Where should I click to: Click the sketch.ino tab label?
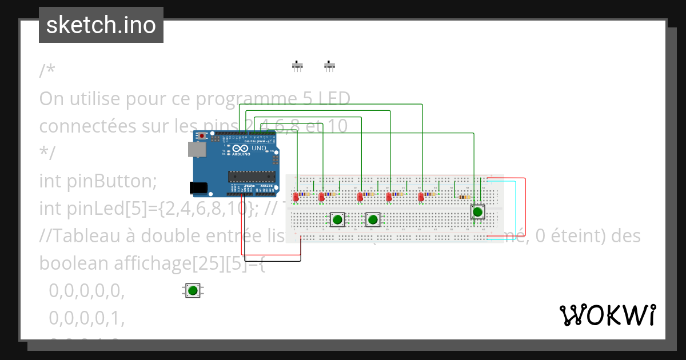[101, 25]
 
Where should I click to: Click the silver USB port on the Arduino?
[197, 149]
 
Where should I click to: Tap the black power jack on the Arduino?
[198, 187]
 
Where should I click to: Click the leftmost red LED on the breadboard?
[296, 197]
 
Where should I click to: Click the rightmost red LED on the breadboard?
[421, 197]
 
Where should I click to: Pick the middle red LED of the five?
[360, 197]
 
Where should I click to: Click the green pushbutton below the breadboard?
[193, 290]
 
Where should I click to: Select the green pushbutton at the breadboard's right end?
[477, 212]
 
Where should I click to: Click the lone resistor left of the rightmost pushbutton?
[464, 197]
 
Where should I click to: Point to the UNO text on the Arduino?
[260, 148]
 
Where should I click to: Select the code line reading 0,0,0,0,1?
[86, 318]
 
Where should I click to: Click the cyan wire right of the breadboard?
[516, 206]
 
